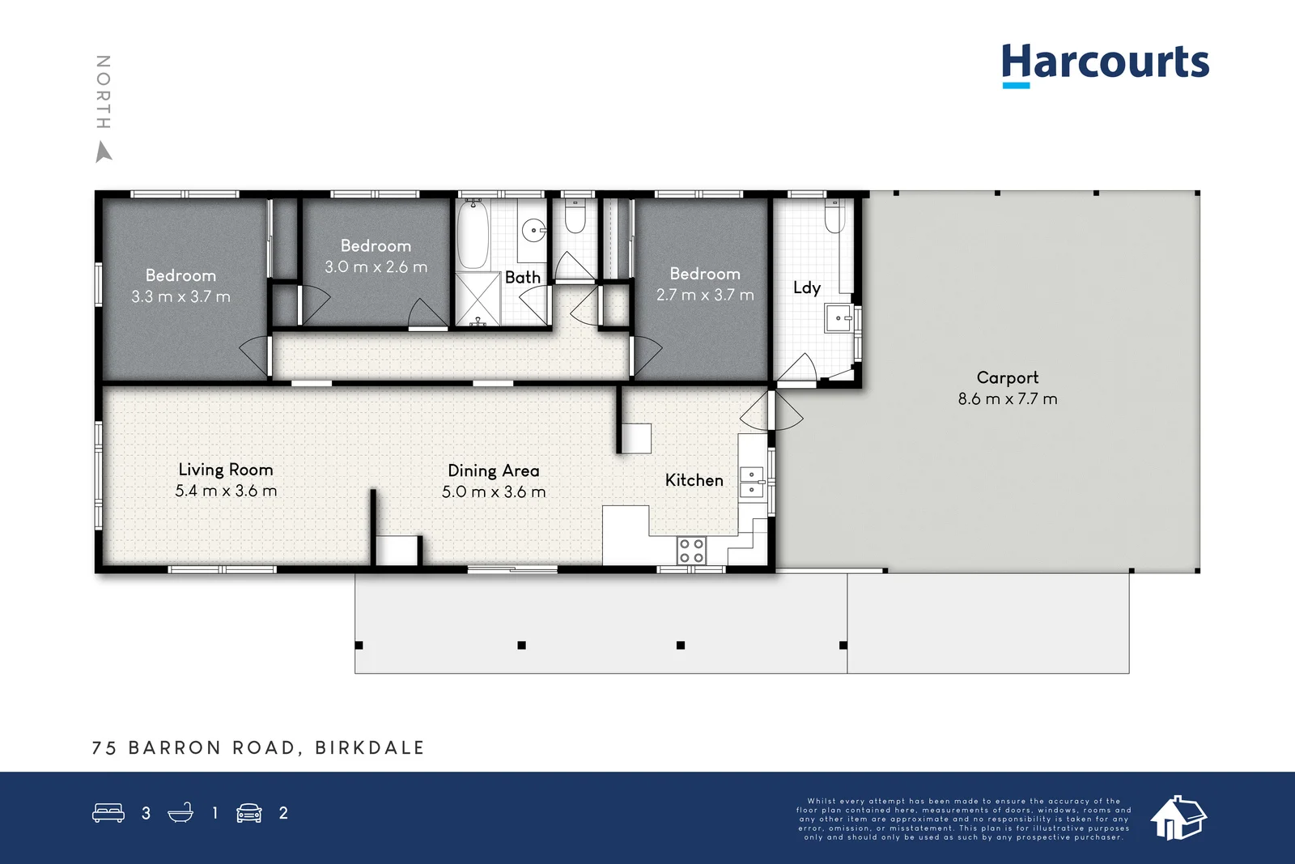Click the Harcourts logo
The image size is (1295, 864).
1105,63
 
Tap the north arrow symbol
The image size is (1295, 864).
103,151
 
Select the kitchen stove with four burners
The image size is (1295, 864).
691,551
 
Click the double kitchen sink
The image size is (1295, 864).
751,482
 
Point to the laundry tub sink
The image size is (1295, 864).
838,318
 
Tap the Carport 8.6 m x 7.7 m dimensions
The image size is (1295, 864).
1008,398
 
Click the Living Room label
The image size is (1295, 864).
226,470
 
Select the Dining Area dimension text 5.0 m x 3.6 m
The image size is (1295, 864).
494,492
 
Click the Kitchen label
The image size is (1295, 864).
694,480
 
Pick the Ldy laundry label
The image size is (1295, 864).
806,287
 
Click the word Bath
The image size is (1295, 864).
522,277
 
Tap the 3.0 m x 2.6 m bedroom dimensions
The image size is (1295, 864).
376,266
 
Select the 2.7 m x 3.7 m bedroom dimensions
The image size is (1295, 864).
705,295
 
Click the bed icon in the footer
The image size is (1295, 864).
108,812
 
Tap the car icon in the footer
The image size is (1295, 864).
248,813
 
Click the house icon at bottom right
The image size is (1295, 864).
1178,817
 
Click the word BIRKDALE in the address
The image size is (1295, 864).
369,747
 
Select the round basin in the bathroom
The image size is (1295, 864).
533,231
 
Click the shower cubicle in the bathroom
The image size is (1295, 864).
478,300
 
